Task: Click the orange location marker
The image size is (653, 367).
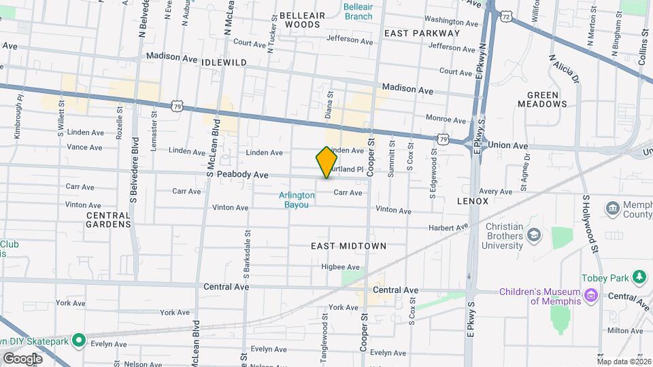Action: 327,162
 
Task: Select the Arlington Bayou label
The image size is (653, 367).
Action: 297,200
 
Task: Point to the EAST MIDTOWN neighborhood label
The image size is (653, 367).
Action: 349,246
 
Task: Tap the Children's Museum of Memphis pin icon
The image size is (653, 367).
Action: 590,296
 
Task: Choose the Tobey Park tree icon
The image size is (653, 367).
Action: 638,277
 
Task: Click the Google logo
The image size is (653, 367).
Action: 22,358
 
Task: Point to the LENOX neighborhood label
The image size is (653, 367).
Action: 473,202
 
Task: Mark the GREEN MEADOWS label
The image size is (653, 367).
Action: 542,99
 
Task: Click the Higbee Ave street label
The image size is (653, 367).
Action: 339,266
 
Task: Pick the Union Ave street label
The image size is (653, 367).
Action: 508,145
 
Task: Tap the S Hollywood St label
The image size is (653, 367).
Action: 590,223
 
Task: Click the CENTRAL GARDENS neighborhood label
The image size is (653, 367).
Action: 108,219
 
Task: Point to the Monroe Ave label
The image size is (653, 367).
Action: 446,118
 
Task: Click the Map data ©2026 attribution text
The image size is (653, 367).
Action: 624,361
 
